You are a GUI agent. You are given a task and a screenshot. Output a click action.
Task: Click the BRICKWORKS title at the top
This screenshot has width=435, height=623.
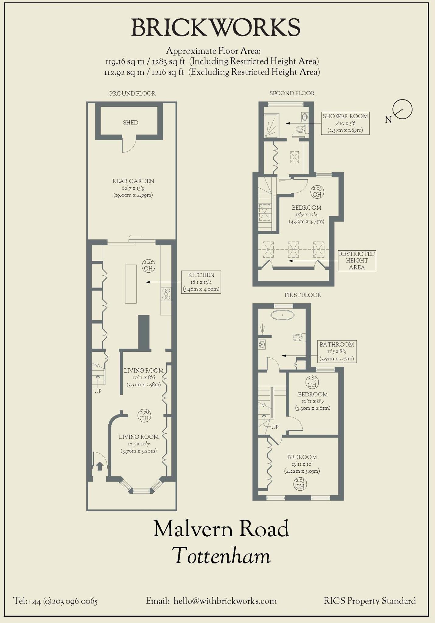pos(216,27)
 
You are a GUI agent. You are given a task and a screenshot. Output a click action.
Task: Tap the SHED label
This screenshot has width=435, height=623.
pos(130,122)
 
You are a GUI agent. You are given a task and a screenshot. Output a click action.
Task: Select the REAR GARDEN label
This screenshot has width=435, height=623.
pos(133,181)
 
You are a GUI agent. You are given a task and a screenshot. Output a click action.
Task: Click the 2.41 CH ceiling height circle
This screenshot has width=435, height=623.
pos(149,266)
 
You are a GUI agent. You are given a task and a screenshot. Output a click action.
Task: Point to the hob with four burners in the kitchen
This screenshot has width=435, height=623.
pos(166,294)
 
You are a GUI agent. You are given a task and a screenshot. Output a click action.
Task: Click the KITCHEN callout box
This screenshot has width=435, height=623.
pos(201,282)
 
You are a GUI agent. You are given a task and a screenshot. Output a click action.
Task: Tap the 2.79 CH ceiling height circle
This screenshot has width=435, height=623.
pos(144,415)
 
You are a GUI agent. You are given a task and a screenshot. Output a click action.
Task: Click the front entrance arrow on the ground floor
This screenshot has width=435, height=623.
pos(100,466)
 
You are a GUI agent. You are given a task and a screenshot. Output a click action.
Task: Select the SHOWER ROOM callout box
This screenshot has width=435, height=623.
pos(345,123)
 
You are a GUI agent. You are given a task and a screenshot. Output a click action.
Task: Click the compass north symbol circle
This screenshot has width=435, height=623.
pos(402,109)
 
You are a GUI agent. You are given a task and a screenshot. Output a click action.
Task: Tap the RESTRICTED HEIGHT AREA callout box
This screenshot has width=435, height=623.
pos(357,260)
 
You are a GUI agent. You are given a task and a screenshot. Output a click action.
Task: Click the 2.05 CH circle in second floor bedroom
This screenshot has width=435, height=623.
pos(317,192)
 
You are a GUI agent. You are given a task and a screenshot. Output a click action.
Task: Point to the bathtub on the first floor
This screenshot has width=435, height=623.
pos(282,315)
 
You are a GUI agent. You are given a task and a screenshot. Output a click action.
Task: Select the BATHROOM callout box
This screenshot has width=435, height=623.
pos(336,351)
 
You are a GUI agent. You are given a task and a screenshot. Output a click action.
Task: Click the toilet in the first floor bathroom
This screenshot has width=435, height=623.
pos(299,337)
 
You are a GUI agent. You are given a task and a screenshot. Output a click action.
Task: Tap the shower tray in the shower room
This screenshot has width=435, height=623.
pos(272,125)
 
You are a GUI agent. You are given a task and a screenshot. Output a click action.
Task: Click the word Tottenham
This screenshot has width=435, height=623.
pos(221,555)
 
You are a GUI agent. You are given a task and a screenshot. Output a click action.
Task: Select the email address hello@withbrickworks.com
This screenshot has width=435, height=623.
pos(225,601)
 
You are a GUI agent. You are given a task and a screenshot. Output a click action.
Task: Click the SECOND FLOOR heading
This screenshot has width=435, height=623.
pos(292,93)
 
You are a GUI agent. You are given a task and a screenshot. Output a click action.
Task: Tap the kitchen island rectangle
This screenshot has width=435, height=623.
pos(131,284)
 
